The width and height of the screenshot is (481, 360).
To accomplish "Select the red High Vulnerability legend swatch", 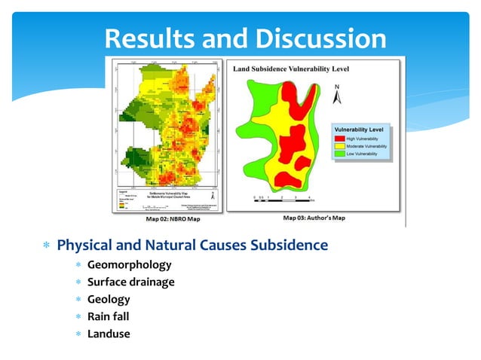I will pyautogui.click(x=340, y=138).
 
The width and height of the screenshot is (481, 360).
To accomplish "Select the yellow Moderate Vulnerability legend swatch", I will pyautogui.click(x=340, y=145).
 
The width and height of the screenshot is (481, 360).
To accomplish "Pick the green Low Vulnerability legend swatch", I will pyautogui.click(x=340, y=153).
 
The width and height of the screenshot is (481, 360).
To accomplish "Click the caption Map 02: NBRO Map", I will pyautogui.click(x=167, y=219).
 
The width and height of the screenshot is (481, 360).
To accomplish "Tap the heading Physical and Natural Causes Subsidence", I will pyautogui.click(x=192, y=246).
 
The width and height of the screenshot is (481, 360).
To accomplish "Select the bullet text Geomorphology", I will pyautogui.click(x=129, y=265).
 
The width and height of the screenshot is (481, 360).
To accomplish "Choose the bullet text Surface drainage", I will pyautogui.click(x=130, y=282).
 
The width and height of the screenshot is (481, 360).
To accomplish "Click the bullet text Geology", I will pyautogui.click(x=109, y=299).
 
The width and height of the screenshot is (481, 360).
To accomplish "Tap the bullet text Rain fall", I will pyautogui.click(x=108, y=316).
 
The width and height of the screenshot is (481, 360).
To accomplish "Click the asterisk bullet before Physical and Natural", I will pyautogui.click(x=46, y=246).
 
